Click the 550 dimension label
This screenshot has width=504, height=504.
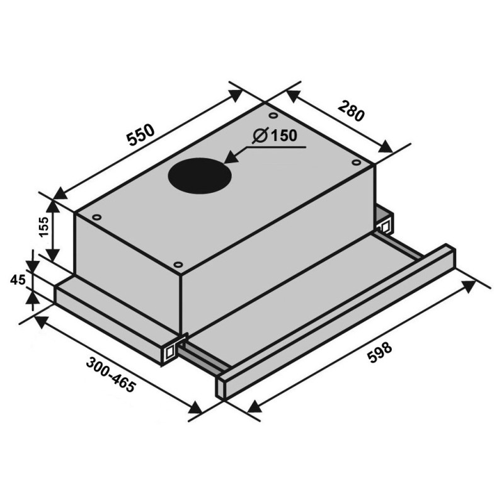pyautogui.click(x=140, y=135)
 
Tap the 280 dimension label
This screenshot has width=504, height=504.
pyautogui.click(x=351, y=112)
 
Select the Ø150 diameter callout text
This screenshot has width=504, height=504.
pyautogui.click(x=275, y=135)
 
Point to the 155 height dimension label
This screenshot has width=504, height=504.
pyautogui.click(x=43, y=227)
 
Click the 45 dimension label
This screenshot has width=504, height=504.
pyautogui.click(x=18, y=280)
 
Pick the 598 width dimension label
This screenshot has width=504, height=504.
pyautogui.click(x=380, y=353)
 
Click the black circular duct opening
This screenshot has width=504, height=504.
pyautogui.click(x=200, y=176)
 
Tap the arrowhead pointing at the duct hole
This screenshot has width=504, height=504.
pyautogui.click(x=231, y=159)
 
